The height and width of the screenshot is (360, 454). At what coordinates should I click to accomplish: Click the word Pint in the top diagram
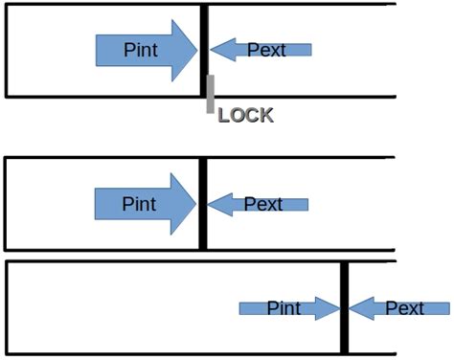point(141,50)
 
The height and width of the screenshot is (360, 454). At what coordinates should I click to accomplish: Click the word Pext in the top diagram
point(266,50)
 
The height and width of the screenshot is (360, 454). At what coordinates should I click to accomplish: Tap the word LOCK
point(245,116)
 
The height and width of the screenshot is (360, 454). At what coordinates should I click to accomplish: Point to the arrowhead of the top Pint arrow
point(186,50)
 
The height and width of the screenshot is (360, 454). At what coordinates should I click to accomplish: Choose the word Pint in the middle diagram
point(139,203)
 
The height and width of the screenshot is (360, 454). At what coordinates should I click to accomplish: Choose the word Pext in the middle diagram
point(262,203)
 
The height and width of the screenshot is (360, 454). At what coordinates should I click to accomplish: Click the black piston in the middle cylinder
point(202,203)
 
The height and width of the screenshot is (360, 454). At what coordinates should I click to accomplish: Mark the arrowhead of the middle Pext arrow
point(217,203)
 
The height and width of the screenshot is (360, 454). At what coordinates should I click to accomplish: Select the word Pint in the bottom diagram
point(284,308)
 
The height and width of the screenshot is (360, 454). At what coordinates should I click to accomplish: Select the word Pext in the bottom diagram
point(404,308)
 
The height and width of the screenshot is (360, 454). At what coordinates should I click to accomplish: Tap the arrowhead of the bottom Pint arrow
point(331,308)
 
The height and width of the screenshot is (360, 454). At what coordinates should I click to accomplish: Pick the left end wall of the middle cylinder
point(7,203)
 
